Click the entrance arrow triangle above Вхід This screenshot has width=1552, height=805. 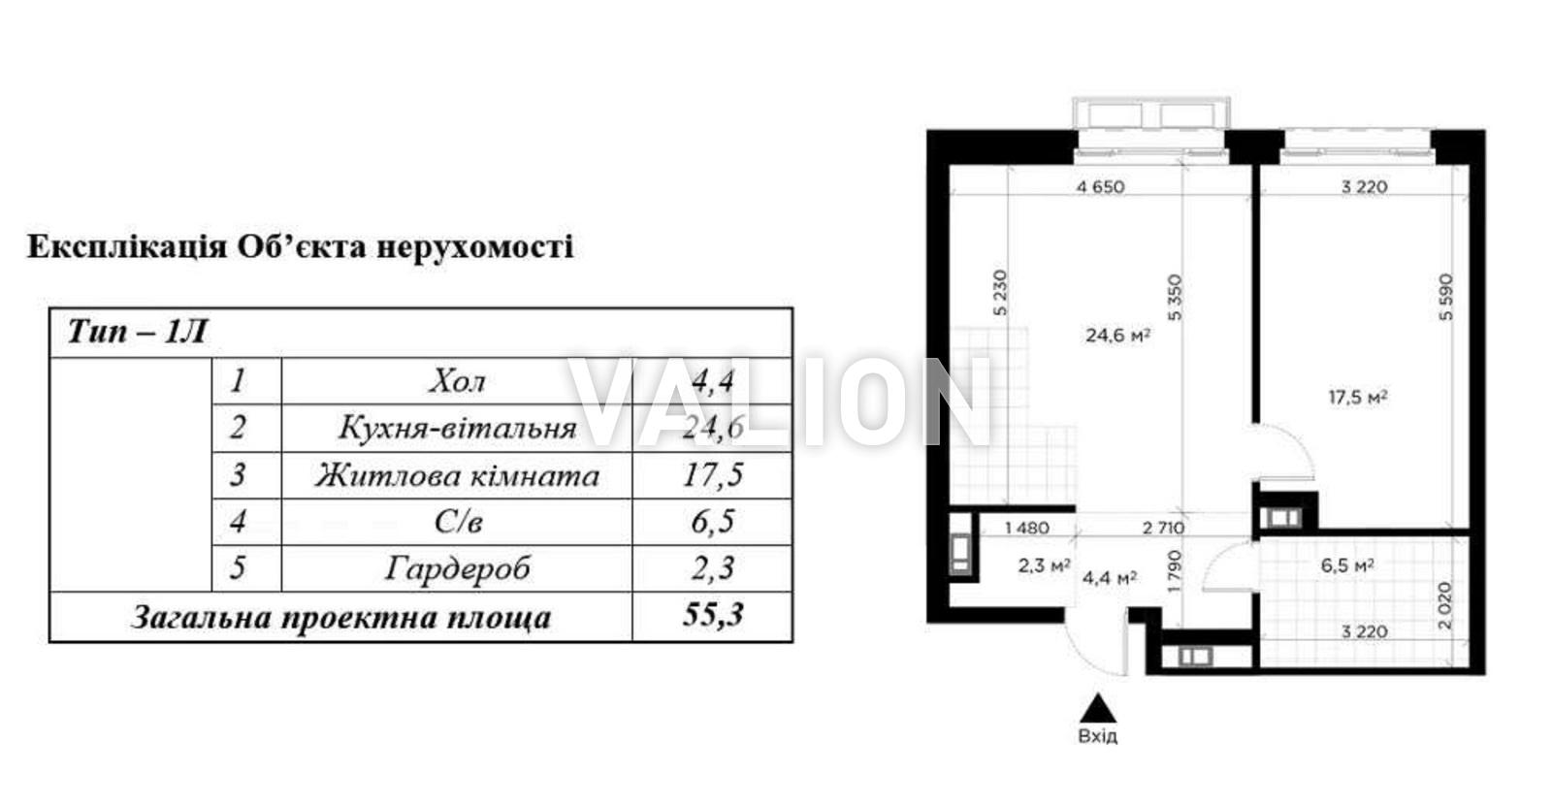pyautogui.click(x=1097, y=708)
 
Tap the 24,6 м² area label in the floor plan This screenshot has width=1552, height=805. pyautogui.click(x=1117, y=336)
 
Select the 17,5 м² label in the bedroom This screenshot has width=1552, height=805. pyautogui.click(x=1357, y=398)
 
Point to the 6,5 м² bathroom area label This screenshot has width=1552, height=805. pyautogui.click(x=1347, y=565)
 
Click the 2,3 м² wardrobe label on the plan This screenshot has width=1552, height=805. pyautogui.click(x=1044, y=566)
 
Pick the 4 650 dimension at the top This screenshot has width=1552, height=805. pyautogui.click(x=1100, y=186)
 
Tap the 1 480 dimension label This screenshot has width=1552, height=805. pyautogui.click(x=1027, y=528)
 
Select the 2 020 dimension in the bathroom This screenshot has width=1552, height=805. pyautogui.click(x=1444, y=605)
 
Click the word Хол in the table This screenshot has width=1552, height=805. pyautogui.click(x=457, y=381)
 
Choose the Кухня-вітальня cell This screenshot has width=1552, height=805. pyautogui.click(x=457, y=428)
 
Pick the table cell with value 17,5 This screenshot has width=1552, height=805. pyautogui.click(x=713, y=474)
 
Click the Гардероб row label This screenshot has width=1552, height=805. pyautogui.click(x=457, y=568)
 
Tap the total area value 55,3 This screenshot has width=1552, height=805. pyautogui.click(x=713, y=615)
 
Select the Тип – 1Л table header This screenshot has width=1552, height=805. pyautogui.click(x=137, y=332)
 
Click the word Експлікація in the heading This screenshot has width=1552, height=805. pyautogui.click(x=127, y=246)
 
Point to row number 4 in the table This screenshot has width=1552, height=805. pyautogui.click(x=238, y=521)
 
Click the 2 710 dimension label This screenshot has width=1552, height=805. pyautogui.click(x=1163, y=528)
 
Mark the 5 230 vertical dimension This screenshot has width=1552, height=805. pyautogui.click(x=999, y=292)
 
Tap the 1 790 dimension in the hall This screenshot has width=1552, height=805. pyautogui.click(x=1173, y=571)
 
